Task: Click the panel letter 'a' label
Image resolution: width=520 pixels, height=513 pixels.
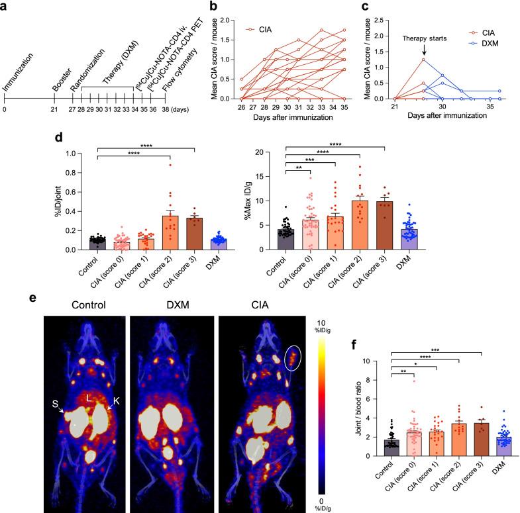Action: [x=5, y=7]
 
